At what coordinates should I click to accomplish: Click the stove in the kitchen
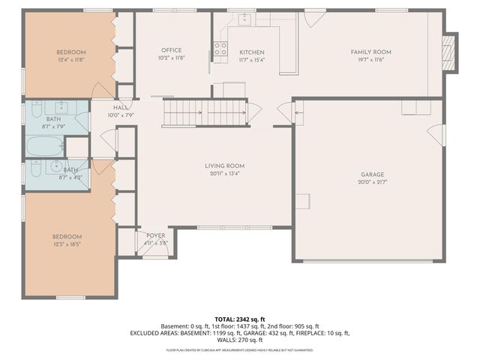pyautogui.click(x=220, y=49)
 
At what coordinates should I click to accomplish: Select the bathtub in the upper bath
pyautogui.click(x=45, y=145)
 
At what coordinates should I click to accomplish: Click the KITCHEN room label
pyautogui.click(x=252, y=52)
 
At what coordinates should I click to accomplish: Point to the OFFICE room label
pyautogui.click(x=172, y=50)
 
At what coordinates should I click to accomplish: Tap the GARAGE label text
pyautogui.click(x=372, y=175)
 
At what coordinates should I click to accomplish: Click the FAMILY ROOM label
pyautogui.click(x=371, y=52)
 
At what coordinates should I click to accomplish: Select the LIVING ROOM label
pyautogui.click(x=225, y=166)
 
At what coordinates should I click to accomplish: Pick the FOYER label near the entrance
pyautogui.click(x=155, y=235)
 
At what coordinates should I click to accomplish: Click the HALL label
pyautogui.click(x=120, y=108)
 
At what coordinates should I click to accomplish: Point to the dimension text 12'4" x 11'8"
pyautogui.click(x=70, y=60)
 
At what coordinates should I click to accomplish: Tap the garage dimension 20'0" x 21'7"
pyautogui.click(x=372, y=182)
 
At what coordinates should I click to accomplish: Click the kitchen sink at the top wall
pyautogui.click(x=244, y=19)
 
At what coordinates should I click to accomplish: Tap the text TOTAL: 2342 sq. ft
pyautogui.click(x=240, y=318)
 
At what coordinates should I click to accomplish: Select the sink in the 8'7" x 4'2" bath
pyautogui.click(x=54, y=166)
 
